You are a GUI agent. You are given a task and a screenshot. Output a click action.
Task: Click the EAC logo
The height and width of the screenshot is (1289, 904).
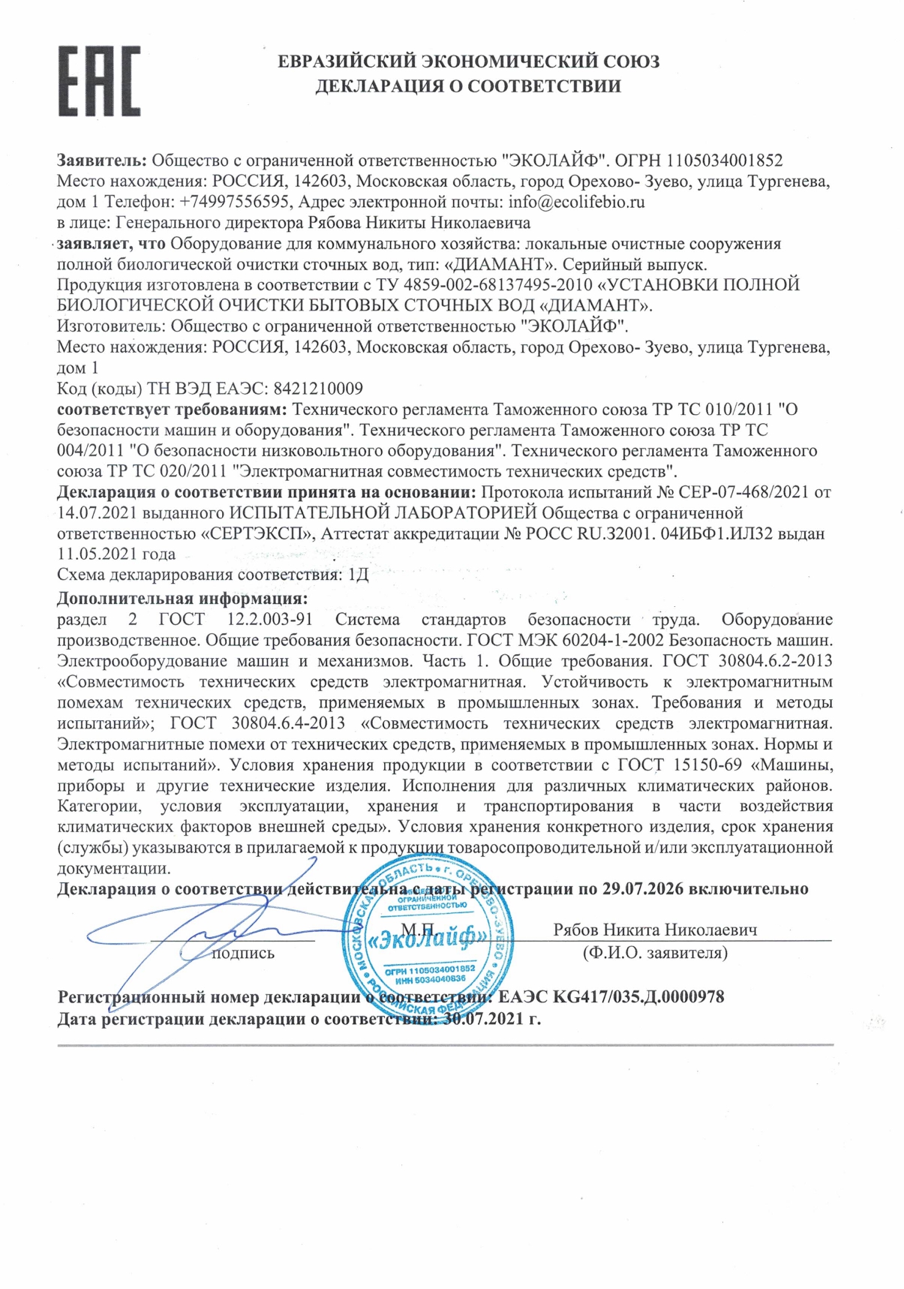99,81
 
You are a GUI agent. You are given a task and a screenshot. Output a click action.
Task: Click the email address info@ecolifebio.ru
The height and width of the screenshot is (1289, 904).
576,202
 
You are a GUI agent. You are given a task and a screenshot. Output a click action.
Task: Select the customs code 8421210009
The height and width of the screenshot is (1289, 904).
318,389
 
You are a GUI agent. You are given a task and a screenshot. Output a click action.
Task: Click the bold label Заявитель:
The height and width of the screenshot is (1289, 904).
102,160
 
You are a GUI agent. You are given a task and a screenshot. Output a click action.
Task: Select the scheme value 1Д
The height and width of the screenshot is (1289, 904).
359,575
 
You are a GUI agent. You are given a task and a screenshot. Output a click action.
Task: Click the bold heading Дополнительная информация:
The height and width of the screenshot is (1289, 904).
182,599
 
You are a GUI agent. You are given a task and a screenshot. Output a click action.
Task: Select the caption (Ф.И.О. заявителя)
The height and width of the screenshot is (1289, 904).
655,954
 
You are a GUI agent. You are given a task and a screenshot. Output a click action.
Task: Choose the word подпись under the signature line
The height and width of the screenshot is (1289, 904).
243,954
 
